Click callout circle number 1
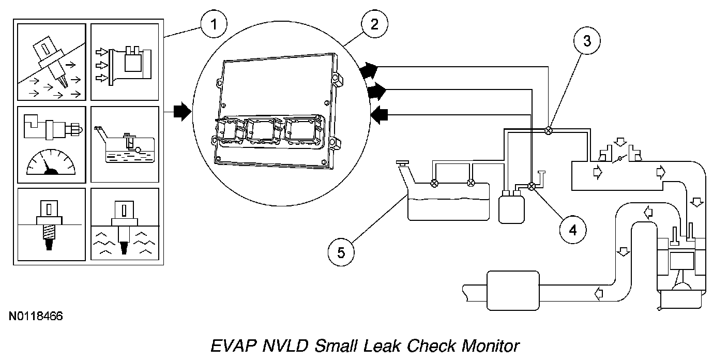(x=214, y=25)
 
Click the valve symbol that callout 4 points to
(x=532, y=186)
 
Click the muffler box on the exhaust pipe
(x=513, y=291)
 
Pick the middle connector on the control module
(x=261, y=131)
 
